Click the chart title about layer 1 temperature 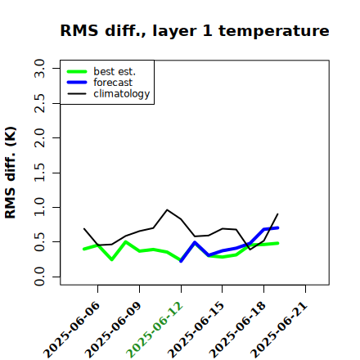tap(195, 30)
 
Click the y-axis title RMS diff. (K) tap(11, 173)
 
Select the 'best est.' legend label tap(115, 71)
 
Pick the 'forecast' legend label tap(113, 83)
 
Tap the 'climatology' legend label tap(122, 94)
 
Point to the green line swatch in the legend tap(77, 71)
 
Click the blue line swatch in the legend tap(77, 83)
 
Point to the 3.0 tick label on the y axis tap(39, 68)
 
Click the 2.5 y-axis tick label tap(39, 103)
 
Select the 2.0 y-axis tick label tap(39, 138)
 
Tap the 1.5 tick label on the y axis tap(39, 173)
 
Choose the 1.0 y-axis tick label tap(39, 207)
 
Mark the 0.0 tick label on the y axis tap(39, 277)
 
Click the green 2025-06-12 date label tap(155, 330)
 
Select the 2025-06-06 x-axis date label tap(71, 330)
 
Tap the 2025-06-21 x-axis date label tap(279, 330)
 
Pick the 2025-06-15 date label tap(196, 330)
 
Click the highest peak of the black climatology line tap(167, 209)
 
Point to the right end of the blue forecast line tap(277, 227)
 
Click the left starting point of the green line tap(84, 249)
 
